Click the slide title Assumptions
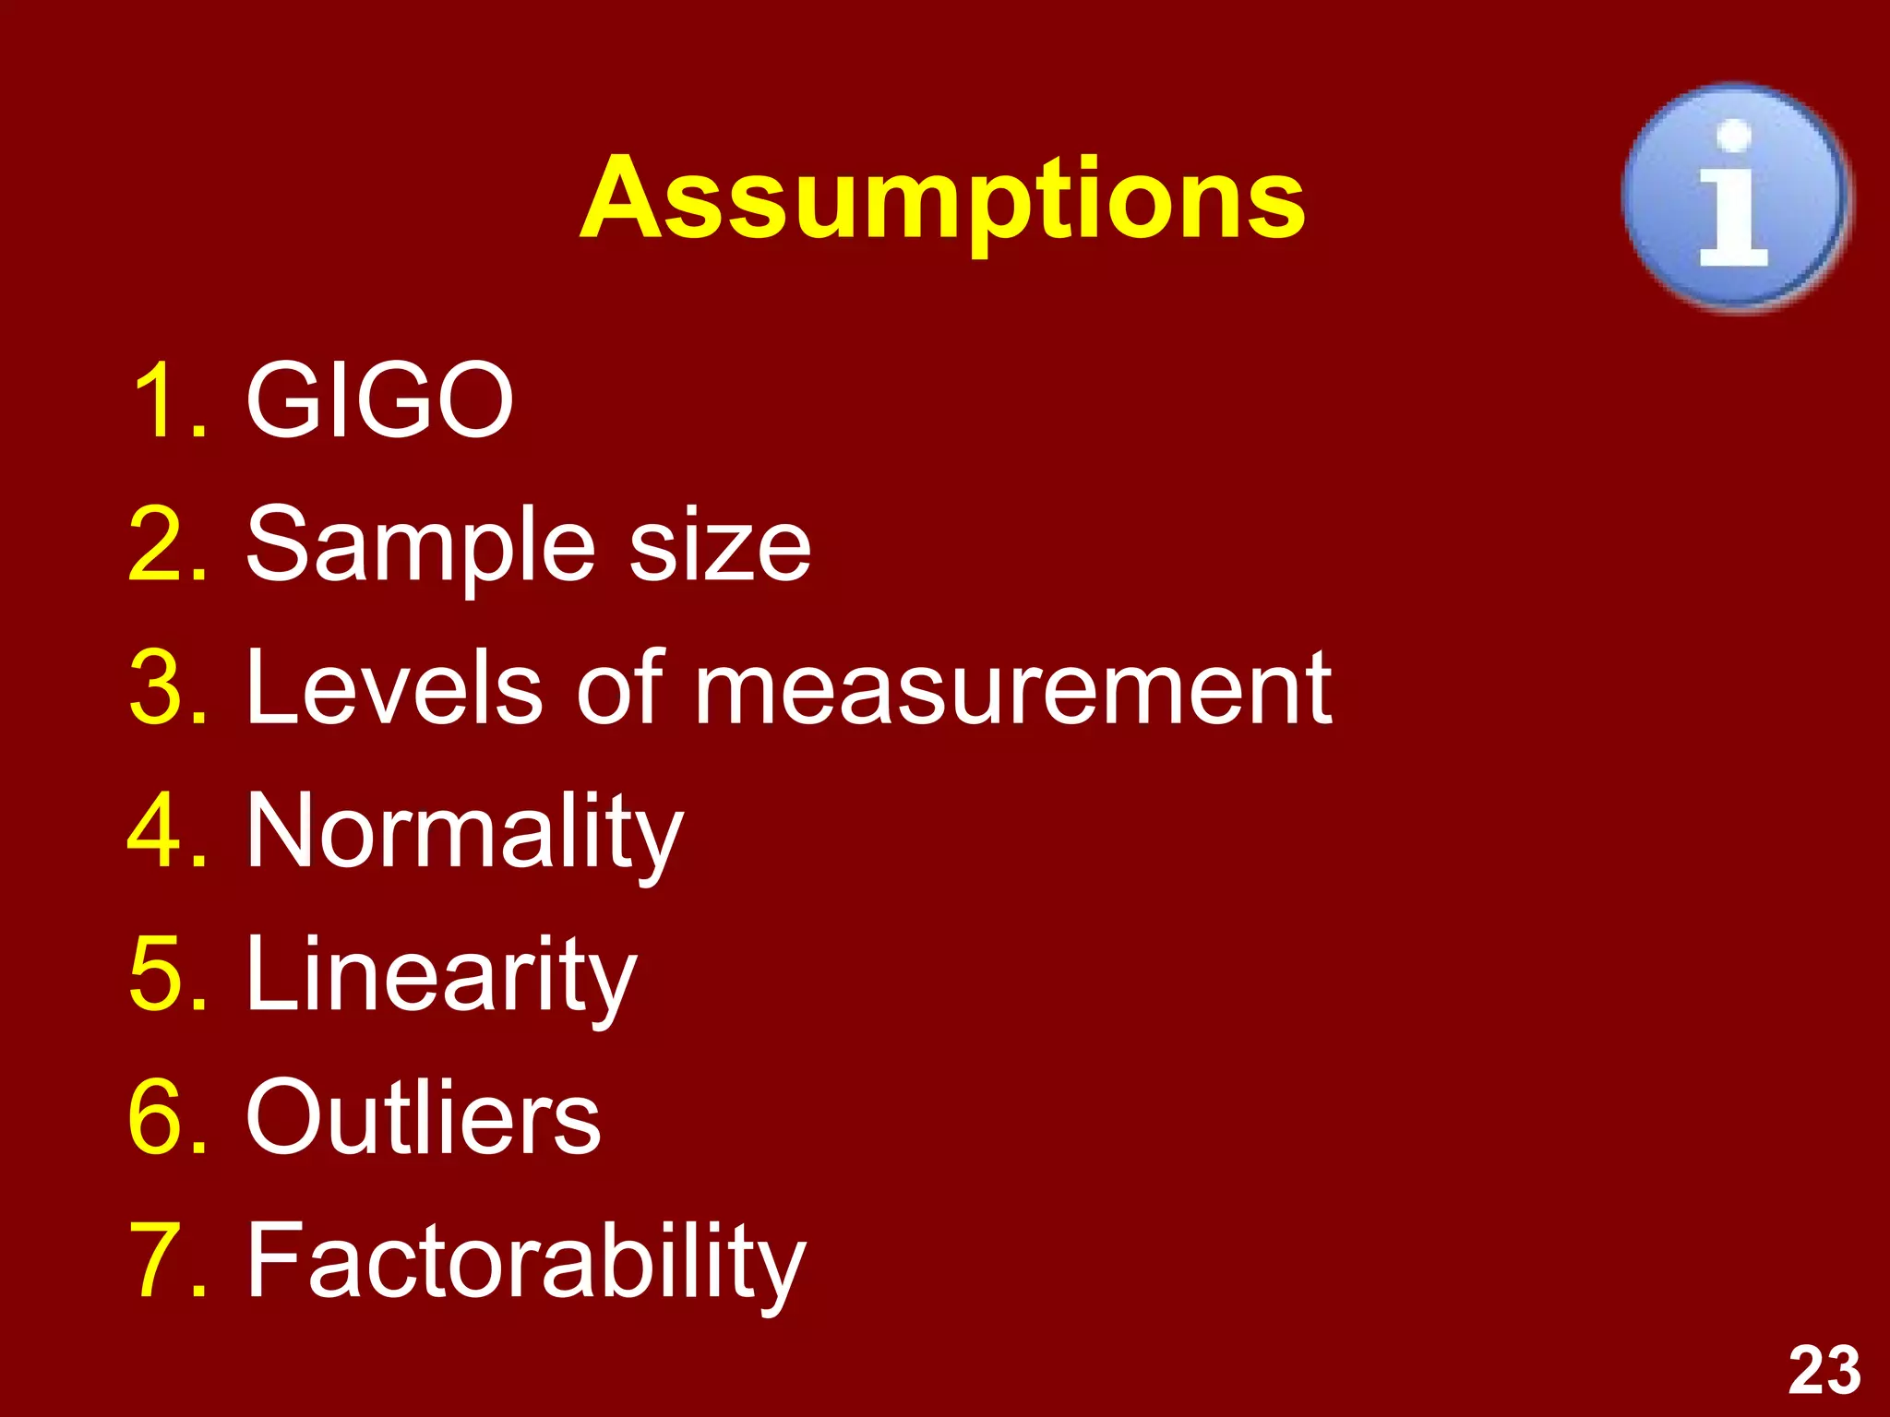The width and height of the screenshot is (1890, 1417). pyautogui.click(x=942, y=198)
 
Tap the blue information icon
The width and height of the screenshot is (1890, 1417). pyautogui.click(x=1735, y=196)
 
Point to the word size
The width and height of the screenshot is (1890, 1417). pyautogui.click(x=720, y=546)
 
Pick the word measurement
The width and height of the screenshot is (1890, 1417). pyautogui.click(x=1012, y=688)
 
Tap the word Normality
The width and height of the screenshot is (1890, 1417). pyautogui.click(x=464, y=833)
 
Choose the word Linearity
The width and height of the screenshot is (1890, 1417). pyautogui.click(x=441, y=976)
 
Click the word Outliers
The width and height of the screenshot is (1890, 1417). pyautogui.click(x=424, y=1117)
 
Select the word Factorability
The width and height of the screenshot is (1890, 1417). pyautogui.click(x=526, y=1261)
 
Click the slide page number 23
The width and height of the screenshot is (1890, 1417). pyautogui.click(x=1824, y=1371)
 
